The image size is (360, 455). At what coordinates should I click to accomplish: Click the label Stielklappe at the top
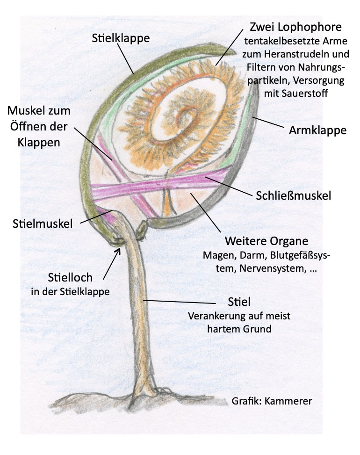(x=121, y=38)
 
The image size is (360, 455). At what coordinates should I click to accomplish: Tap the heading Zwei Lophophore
(x=296, y=26)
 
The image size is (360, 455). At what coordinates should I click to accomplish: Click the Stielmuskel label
(x=43, y=224)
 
